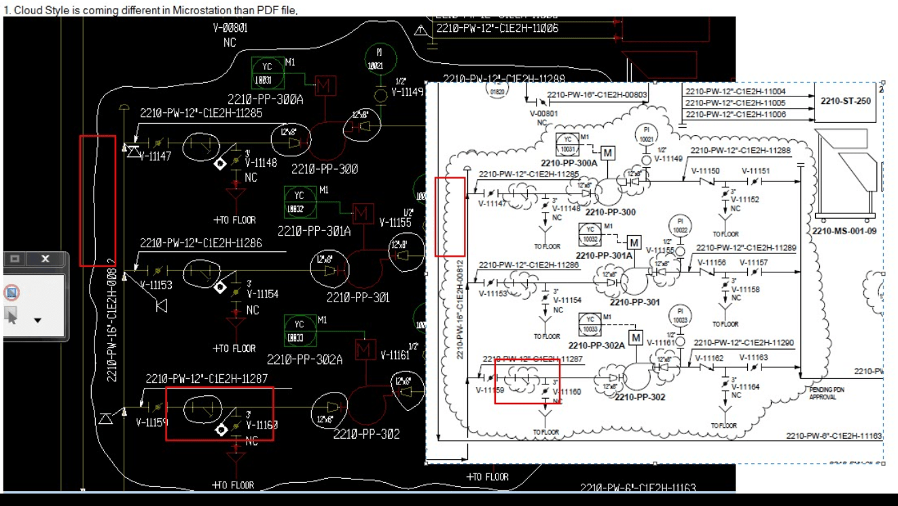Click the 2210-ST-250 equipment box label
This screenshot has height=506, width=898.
point(845,101)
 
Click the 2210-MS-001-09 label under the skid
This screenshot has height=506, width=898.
point(844,231)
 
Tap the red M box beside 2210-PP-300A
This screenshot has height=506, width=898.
point(325,86)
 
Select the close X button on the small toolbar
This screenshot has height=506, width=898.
point(46,259)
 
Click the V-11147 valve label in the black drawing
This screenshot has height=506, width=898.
point(155,156)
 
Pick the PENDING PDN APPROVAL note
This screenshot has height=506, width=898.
point(827,393)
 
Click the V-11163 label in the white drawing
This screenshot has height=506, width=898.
point(753,357)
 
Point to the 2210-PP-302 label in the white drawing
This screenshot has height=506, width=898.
point(640,397)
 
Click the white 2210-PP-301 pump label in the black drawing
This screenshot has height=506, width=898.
point(358,297)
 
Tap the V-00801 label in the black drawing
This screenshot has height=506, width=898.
point(230,29)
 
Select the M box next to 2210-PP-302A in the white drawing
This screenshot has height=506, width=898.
point(636,338)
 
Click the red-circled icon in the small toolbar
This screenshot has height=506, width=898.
point(12,293)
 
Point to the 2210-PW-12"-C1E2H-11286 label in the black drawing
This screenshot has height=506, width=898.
point(201,243)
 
